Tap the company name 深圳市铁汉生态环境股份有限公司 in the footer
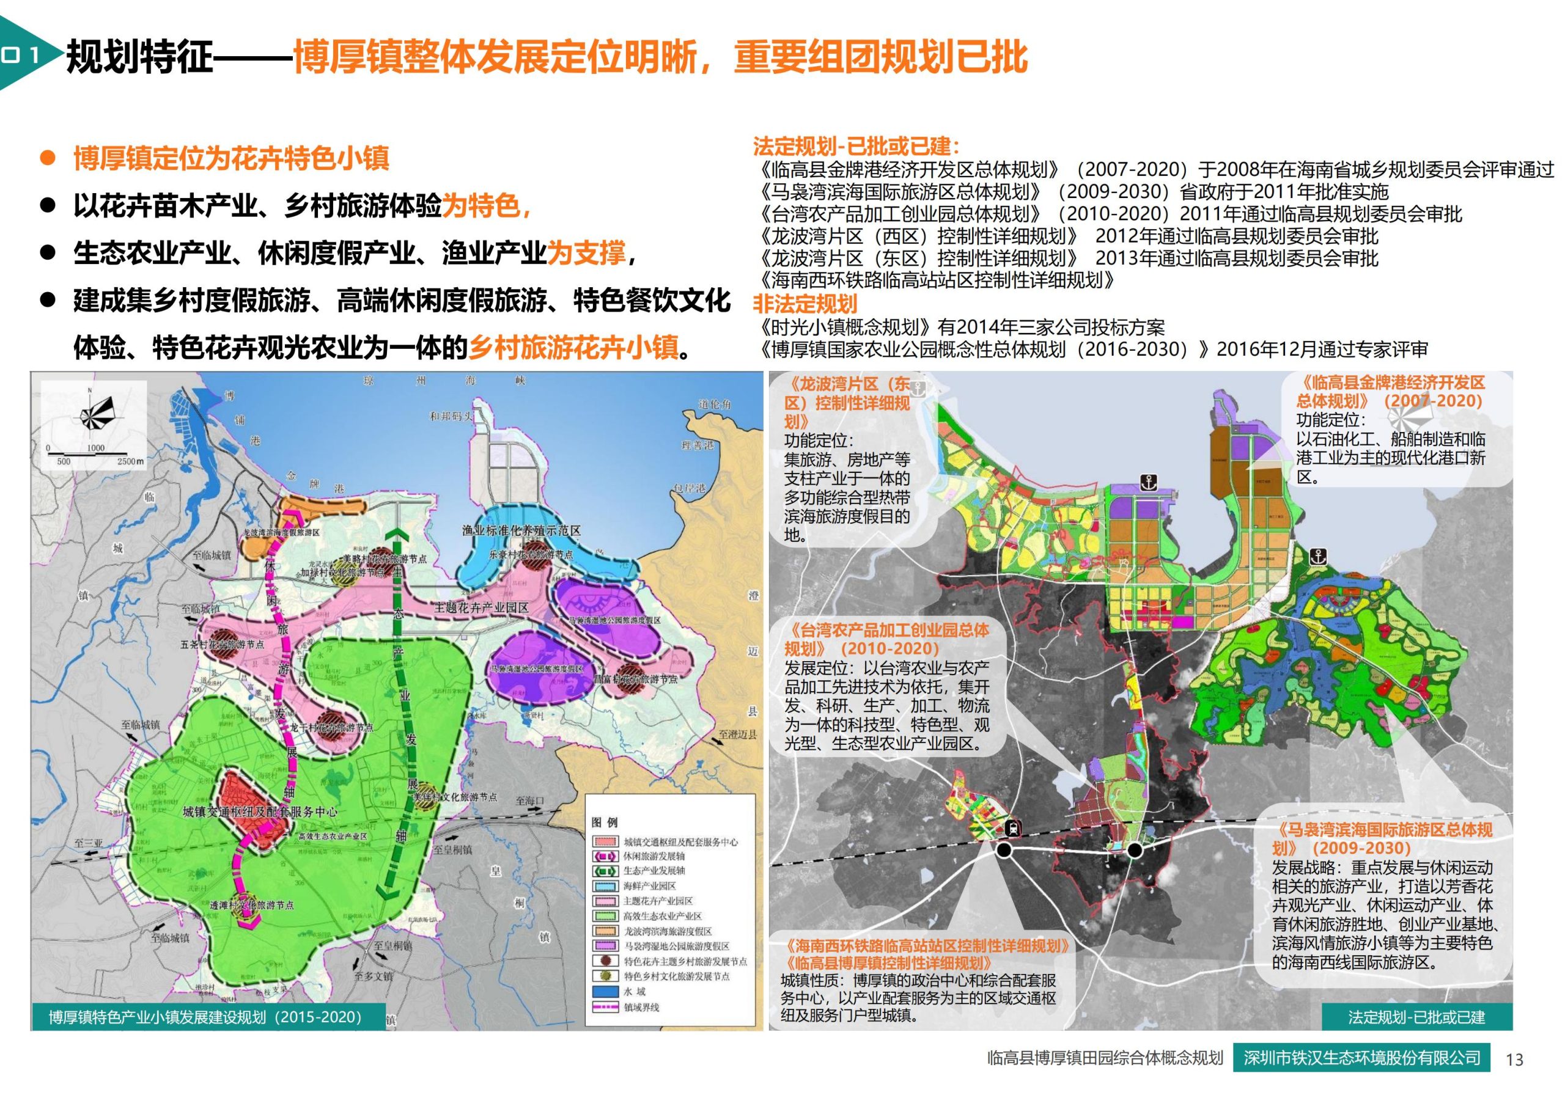pyautogui.click(x=1361, y=1077)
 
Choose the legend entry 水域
pyautogui.click(x=633, y=992)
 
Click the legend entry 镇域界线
pyautogui.click(x=641, y=1007)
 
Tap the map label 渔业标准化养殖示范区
pyautogui.click(x=521, y=530)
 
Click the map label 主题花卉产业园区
pyautogui.click(x=482, y=607)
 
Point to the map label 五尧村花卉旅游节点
pyautogui.click(x=222, y=645)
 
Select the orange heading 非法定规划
pyautogui.click(x=805, y=304)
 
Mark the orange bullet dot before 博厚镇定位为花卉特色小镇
pyautogui.click(x=47, y=159)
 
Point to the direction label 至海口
pyautogui.click(x=531, y=800)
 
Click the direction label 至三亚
pyautogui.click(x=89, y=843)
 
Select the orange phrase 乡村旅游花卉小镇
pyautogui.click(x=573, y=349)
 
